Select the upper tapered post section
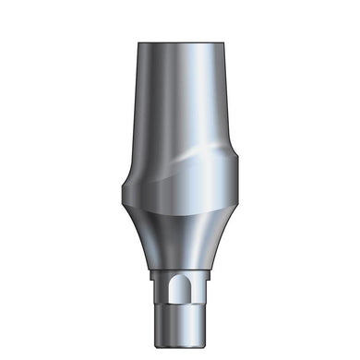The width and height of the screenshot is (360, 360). tap(180, 102)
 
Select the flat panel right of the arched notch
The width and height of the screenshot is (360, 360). tap(201, 288)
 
